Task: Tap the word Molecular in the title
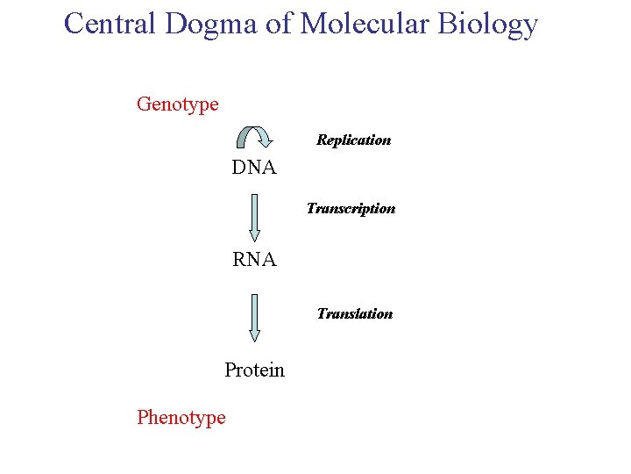point(365,23)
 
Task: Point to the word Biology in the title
point(489,25)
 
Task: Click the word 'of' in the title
point(278,23)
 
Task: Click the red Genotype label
point(178,104)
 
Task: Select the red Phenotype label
point(181,418)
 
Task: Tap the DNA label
point(254,168)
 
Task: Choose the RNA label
point(254,260)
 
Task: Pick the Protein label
point(254,370)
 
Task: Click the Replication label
point(353,140)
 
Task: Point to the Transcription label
point(351,209)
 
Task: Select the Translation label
point(354,313)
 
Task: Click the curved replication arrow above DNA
point(254,138)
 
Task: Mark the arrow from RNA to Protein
point(254,317)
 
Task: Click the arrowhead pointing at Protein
point(254,335)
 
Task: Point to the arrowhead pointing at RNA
point(254,235)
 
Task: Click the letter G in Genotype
point(144,104)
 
